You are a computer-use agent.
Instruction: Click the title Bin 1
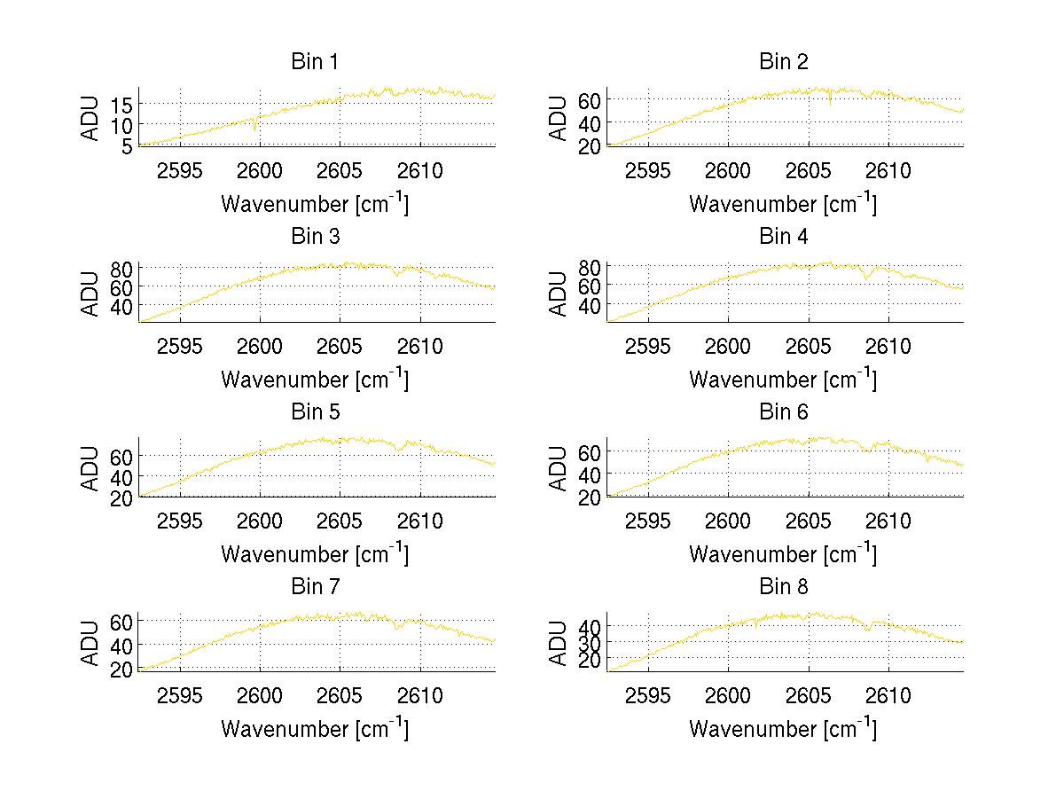(x=315, y=62)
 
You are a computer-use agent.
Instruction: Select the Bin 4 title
(x=784, y=237)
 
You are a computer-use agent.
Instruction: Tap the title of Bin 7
(x=315, y=587)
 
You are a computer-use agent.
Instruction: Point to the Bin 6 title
(x=784, y=412)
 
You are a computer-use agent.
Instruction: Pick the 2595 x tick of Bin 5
(x=180, y=521)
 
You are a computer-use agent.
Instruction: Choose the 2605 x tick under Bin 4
(x=809, y=346)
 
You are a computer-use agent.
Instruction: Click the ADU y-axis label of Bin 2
(x=558, y=118)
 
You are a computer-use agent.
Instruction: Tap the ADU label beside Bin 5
(x=90, y=468)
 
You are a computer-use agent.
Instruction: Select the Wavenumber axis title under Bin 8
(x=784, y=729)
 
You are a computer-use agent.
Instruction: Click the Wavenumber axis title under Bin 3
(x=315, y=379)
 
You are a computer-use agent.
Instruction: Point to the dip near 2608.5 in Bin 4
(x=866, y=278)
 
